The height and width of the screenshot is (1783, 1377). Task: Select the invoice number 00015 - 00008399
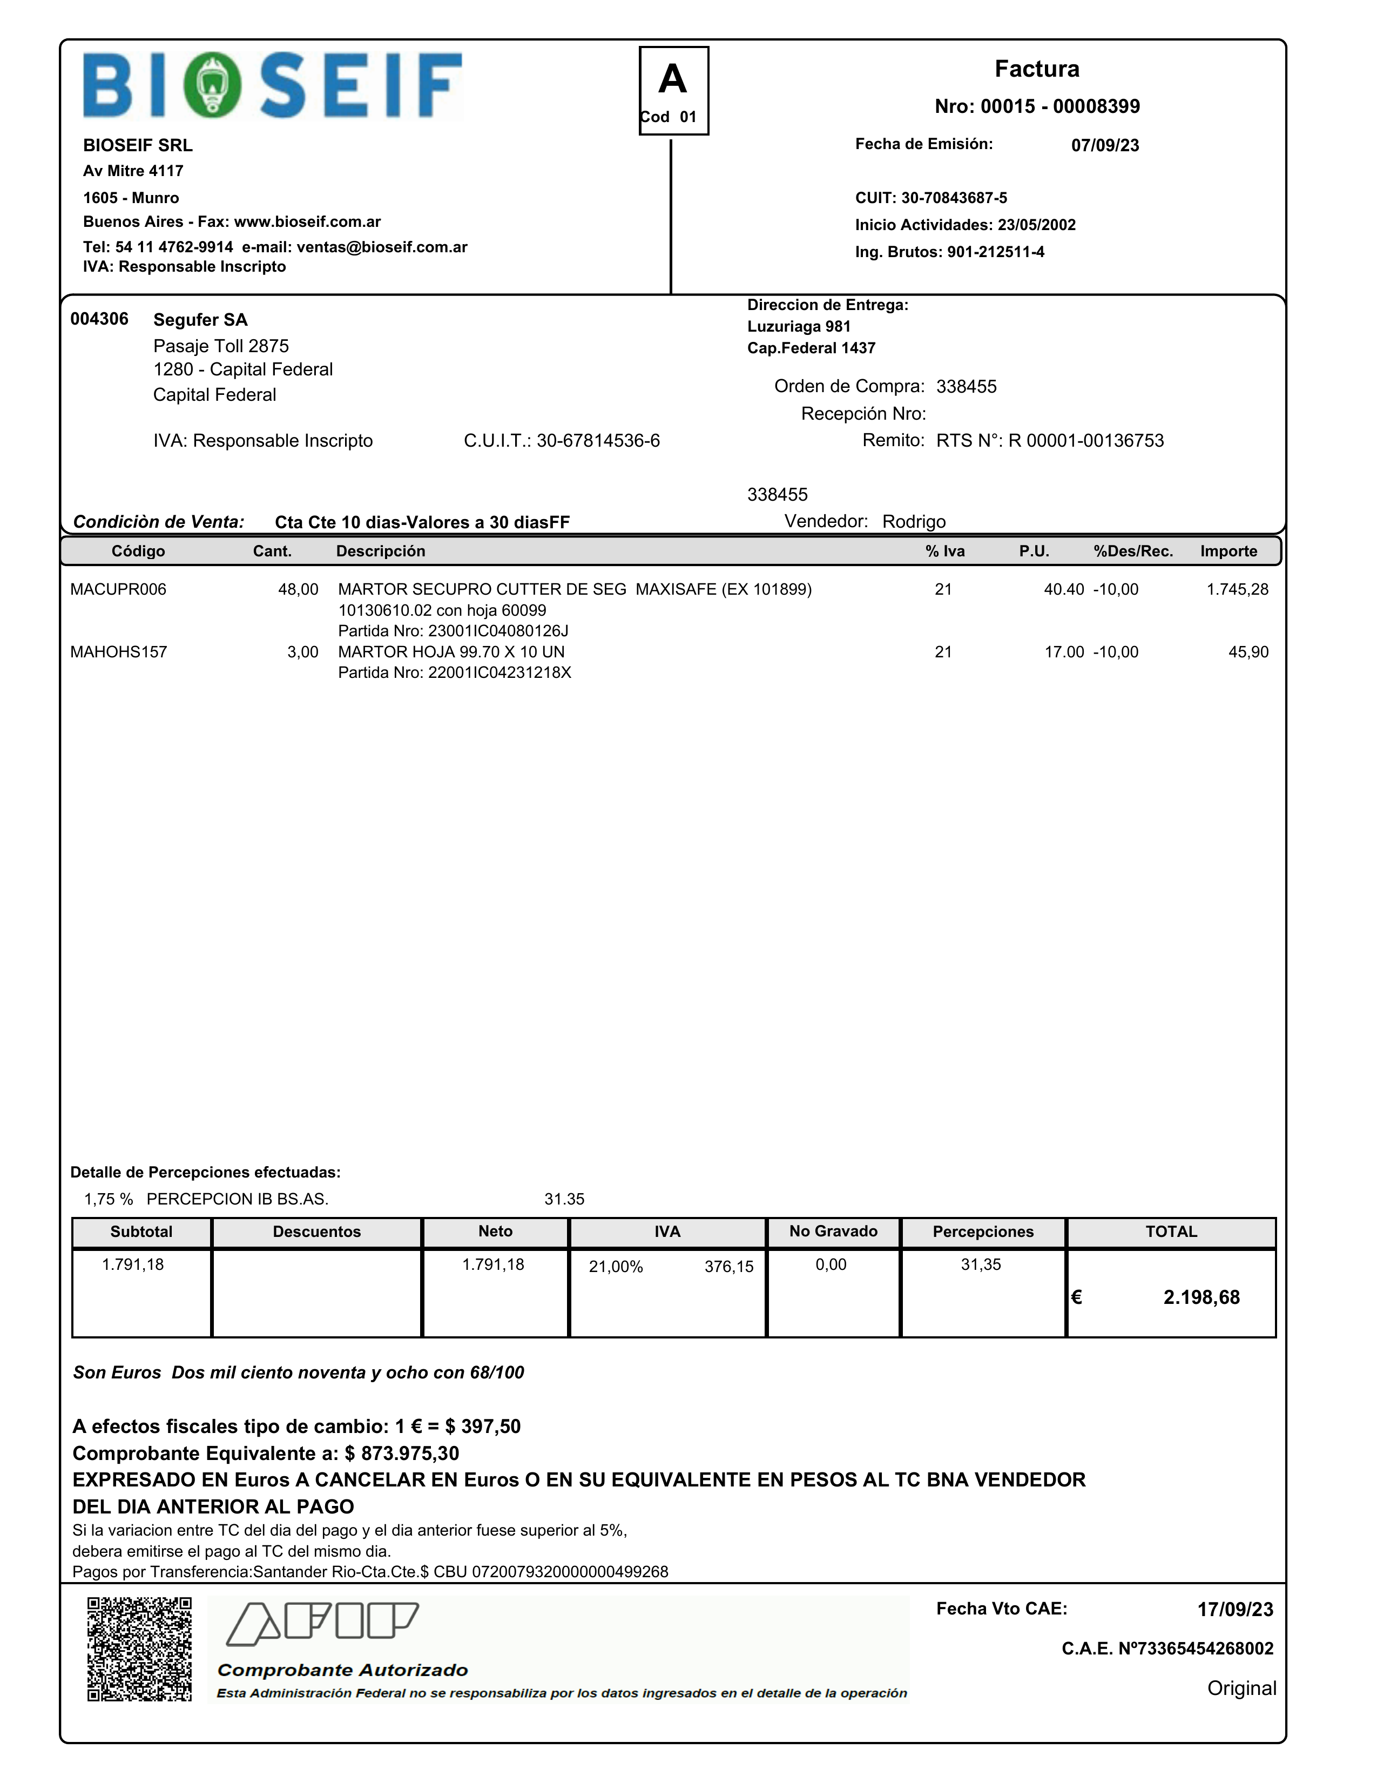[1059, 106]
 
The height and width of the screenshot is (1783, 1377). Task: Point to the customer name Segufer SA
[200, 320]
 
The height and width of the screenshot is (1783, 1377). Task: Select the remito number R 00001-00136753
[1085, 441]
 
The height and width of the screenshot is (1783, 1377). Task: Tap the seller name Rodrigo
[913, 522]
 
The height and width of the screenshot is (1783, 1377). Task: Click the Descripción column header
[380, 551]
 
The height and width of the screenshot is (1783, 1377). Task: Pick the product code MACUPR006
[118, 589]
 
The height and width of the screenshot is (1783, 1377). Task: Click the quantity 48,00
[298, 589]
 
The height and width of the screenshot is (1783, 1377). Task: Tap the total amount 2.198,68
[1201, 1297]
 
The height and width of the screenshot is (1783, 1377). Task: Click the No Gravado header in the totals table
[833, 1231]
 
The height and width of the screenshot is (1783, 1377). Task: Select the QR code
[139, 1649]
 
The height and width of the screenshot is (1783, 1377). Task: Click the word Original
[1241, 1688]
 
